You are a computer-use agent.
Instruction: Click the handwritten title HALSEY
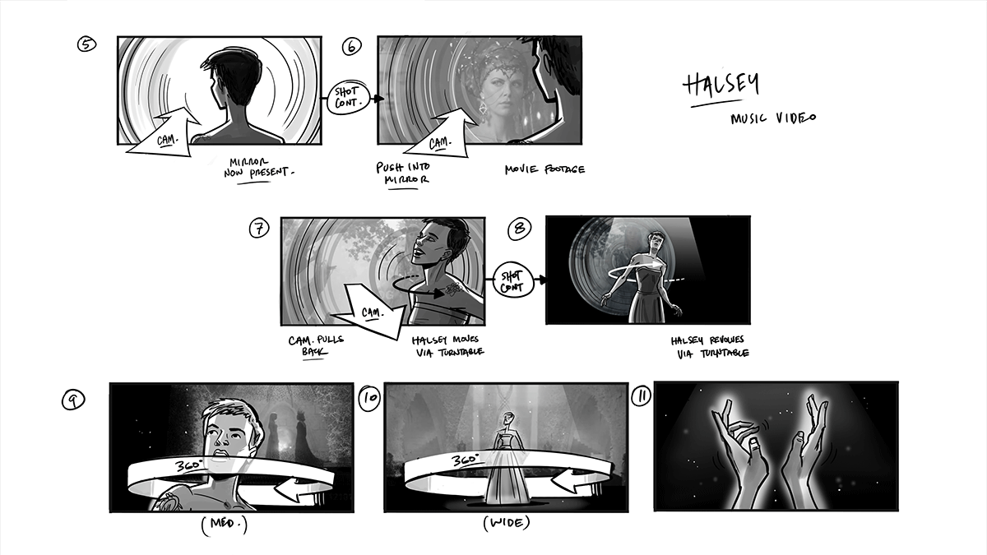(721, 86)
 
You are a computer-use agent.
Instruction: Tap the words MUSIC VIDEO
(773, 118)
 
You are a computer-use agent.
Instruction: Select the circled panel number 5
(87, 44)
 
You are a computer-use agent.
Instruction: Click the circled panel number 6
(352, 46)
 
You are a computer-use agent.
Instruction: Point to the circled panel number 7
(259, 229)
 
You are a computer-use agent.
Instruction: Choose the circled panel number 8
(520, 229)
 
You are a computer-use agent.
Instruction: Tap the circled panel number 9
(73, 400)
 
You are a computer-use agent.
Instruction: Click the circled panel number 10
(369, 399)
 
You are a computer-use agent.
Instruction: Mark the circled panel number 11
(642, 395)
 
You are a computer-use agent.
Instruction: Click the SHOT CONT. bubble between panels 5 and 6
(349, 98)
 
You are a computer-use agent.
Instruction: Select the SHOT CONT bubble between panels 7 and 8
(513, 280)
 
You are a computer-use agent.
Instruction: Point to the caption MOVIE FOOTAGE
(545, 169)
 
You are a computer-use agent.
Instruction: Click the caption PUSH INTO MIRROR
(403, 173)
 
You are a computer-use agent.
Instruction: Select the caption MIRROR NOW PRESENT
(258, 169)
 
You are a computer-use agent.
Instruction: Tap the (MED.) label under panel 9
(225, 525)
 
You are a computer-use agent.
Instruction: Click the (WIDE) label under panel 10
(507, 523)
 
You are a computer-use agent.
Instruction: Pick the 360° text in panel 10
(466, 460)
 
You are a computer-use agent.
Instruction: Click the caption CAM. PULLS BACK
(316, 346)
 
